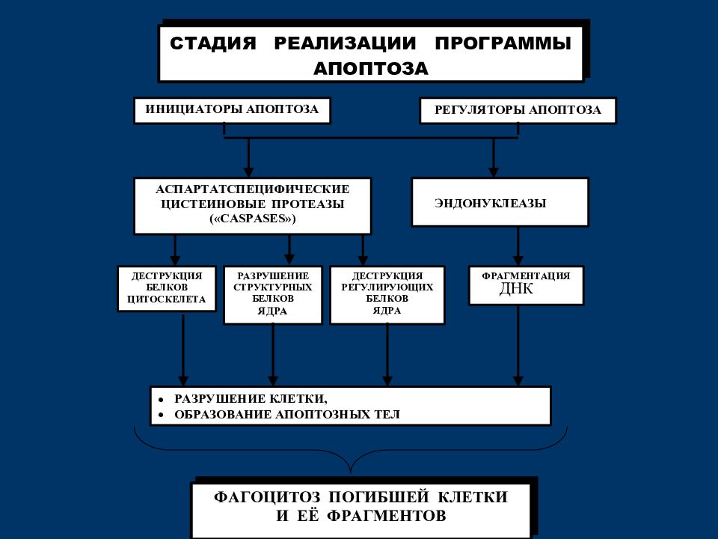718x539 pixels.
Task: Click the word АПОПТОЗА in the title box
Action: pyautogui.click(x=371, y=68)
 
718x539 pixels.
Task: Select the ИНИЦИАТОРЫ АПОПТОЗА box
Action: pyautogui.click(x=232, y=110)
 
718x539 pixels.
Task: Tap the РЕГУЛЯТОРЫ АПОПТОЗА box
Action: pyautogui.click(x=518, y=110)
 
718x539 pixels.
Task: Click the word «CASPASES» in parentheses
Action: pyautogui.click(x=253, y=219)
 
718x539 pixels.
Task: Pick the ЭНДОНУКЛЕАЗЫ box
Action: pyautogui.click(x=500, y=202)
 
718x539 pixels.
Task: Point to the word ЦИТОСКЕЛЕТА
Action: pyautogui.click(x=167, y=299)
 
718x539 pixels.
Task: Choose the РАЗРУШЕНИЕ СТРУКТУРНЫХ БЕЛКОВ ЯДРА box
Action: pyautogui.click(x=273, y=295)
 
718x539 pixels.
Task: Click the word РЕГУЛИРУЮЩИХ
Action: pyautogui.click(x=387, y=287)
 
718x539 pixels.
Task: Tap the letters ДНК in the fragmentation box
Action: pyautogui.click(x=517, y=289)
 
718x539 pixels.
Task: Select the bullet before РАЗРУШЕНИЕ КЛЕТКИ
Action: pyautogui.click(x=161, y=400)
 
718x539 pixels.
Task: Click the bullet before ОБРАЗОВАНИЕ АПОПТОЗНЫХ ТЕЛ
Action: pyautogui.click(x=161, y=415)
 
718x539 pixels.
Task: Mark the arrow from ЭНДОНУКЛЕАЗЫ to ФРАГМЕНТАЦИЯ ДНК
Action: pyautogui.click(x=518, y=246)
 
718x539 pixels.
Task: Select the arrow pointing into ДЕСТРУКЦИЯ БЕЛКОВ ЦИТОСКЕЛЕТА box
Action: pyautogui.click(x=174, y=250)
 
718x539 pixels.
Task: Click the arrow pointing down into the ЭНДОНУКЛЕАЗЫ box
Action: pyautogui.click(x=493, y=158)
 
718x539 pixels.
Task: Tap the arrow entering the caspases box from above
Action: pyautogui.click(x=248, y=158)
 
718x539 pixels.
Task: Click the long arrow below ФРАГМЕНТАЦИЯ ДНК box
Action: pyautogui.click(x=518, y=346)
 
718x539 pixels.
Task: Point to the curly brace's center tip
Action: pyautogui.click(x=351, y=472)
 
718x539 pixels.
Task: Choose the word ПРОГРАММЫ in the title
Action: pyautogui.click(x=503, y=43)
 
